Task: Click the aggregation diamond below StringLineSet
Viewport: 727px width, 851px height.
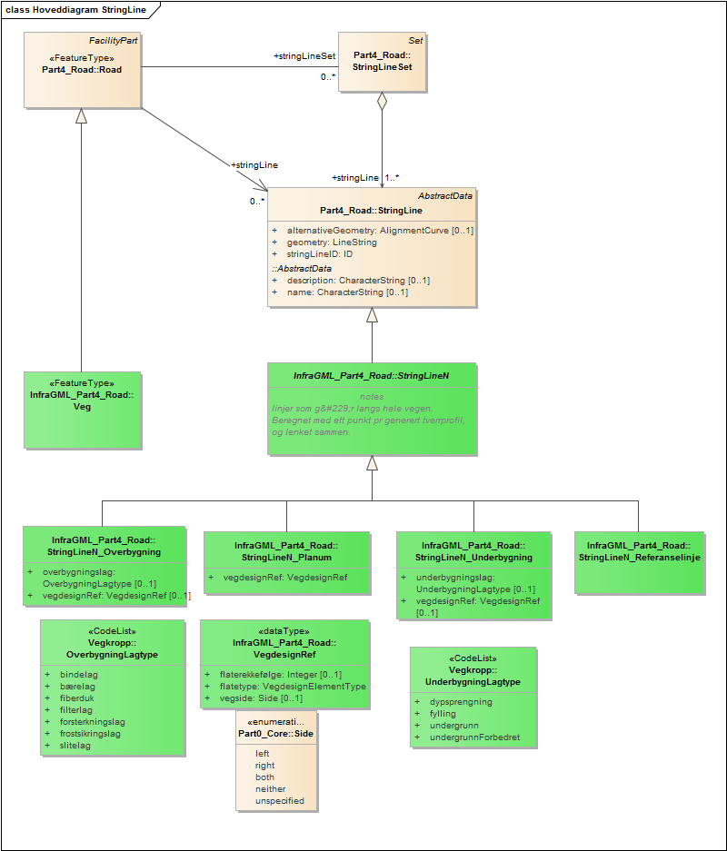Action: click(x=382, y=102)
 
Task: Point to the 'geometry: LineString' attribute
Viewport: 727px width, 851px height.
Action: click(x=332, y=242)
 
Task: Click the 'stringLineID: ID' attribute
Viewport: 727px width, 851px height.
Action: click(x=319, y=254)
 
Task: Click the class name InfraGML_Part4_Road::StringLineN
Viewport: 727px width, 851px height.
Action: click(x=371, y=375)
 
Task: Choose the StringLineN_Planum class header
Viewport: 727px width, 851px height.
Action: click(x=285, y=551)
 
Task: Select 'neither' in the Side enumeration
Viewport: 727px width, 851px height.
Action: click(x=271, y=789)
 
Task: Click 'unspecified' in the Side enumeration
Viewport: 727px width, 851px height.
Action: click(x=280, y=801)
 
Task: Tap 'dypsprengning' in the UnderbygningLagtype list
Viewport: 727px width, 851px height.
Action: click(x=461, y=702)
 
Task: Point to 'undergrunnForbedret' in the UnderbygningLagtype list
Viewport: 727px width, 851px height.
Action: click(x=474, y=737)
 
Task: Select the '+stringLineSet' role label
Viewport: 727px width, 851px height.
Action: click(x=304, y=56)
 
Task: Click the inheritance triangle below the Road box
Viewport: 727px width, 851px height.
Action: click(x=82, y=115)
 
